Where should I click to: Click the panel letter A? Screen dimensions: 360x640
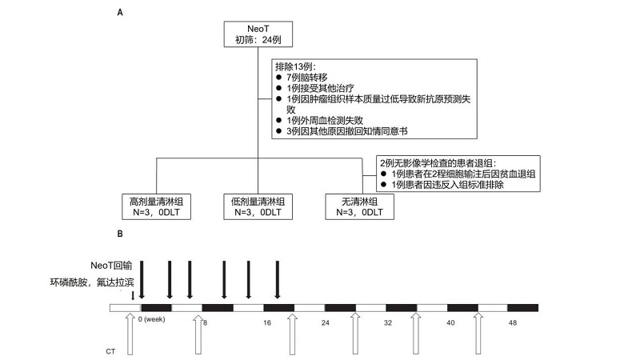click(x=120, y=13)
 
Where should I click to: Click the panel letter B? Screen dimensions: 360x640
click(x=120, y=234)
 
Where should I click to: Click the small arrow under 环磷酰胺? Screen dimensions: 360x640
click(x=132, y=297)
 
